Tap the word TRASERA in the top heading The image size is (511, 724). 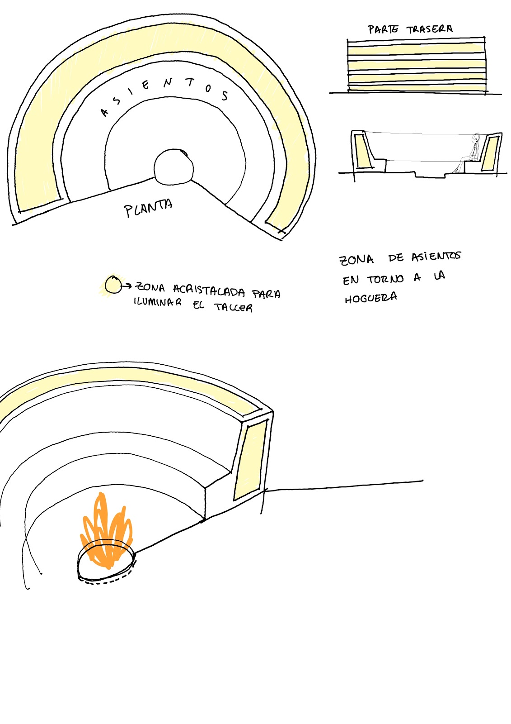click(429, 29)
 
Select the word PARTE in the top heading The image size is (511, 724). click(383, 30)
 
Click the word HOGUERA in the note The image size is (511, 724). click(371, 298)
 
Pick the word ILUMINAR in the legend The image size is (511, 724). click(158, 302)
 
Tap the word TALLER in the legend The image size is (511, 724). click(234, 308)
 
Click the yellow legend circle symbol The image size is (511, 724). click(113, 285)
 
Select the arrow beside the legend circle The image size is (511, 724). click(127, 286)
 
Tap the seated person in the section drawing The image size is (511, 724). click(472, 154)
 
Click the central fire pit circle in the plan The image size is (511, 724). click(173, 167)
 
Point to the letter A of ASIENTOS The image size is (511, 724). click(105, 112)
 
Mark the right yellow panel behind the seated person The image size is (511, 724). click(490, 152)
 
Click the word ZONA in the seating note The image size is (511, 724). click(356, 260)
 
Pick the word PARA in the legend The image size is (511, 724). click(266, 294)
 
